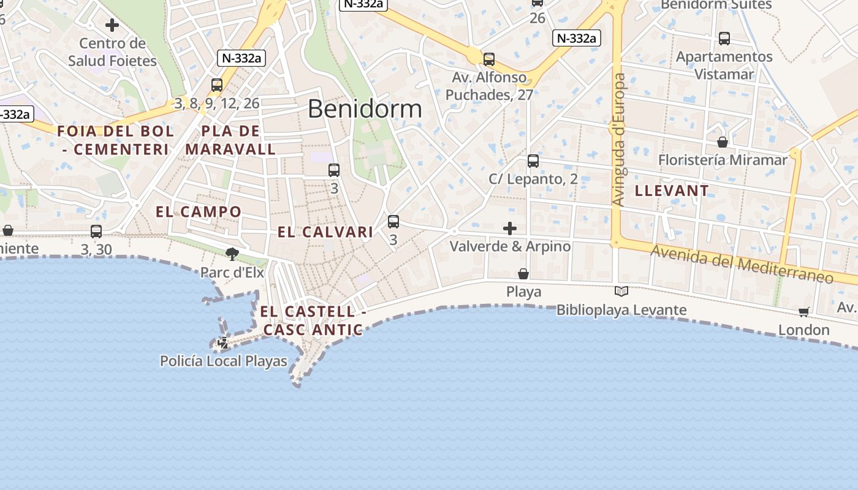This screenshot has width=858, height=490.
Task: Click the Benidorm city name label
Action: [365, 109]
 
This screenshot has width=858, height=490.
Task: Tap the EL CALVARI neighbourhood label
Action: [325, 232]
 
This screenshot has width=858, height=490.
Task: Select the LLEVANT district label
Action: [672, 190]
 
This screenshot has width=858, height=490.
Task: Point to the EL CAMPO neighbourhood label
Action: [199, 212]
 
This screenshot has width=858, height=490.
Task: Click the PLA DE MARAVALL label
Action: [230, 140]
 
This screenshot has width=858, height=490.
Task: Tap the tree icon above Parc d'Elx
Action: [232, 254]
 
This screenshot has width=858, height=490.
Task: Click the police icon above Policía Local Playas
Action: [223, 343]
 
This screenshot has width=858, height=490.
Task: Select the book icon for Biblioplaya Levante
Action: [621, 292]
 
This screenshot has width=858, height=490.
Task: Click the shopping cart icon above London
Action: [804, 312]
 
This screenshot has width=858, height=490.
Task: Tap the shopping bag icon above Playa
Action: [523, 273]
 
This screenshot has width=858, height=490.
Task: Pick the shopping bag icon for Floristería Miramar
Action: [723, 142]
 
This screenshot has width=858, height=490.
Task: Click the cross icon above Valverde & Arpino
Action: [509, 228]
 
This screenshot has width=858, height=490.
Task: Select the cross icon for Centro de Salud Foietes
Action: [112, 25]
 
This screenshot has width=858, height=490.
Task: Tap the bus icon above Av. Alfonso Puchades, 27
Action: [489, 59]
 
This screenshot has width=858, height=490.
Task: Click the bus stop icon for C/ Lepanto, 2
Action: [533, 161]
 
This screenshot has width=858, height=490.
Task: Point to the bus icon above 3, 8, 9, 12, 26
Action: [217, 85]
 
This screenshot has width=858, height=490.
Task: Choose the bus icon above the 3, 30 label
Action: [96, 232]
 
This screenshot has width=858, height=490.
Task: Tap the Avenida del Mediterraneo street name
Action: [742, 263]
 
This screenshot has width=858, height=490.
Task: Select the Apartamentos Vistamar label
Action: [724, 65]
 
